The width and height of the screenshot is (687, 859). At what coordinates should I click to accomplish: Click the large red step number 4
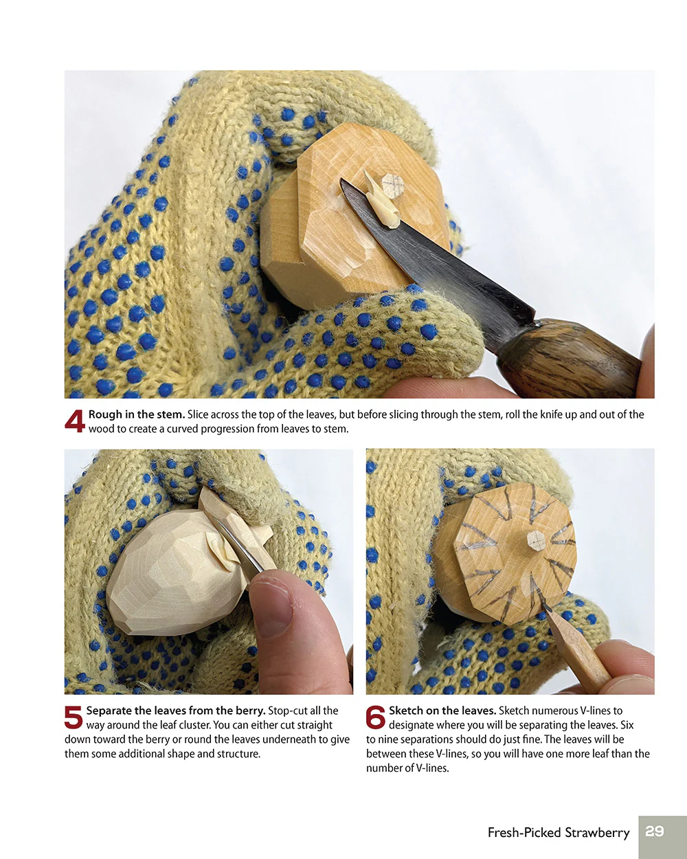[x=74, y=421]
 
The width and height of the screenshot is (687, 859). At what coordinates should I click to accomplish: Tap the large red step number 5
[x=74, y=717]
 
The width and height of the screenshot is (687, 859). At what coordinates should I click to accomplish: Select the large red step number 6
[x=375, y=717]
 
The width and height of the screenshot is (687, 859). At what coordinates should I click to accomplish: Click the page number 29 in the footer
[x=655, y=832]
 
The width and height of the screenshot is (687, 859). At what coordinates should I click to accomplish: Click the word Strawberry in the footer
[x=597, y=833]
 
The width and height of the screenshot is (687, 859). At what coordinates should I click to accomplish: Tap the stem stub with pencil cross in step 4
[x=393, y=184]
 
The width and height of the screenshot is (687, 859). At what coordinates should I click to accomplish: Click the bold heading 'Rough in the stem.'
[x=136, y=414]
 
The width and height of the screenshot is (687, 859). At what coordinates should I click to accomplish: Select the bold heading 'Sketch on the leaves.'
[x=442, y=711]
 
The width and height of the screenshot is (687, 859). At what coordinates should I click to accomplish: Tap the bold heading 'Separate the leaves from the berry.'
[x=175, y=711]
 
